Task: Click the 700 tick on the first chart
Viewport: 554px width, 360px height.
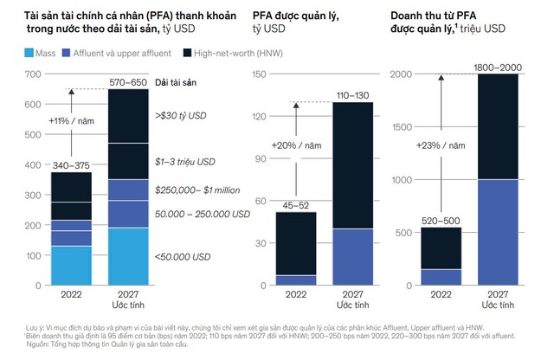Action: click(x=32, y=74)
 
